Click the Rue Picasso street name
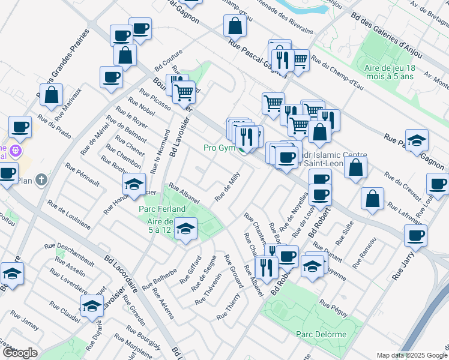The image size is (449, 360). click(155, 99)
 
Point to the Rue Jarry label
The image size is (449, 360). click(401, 266)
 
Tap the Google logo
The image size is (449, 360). click(20, 353)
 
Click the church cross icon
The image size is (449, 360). click(41, 179)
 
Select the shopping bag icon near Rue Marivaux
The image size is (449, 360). click(52, 95)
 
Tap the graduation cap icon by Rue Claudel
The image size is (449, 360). click(91, 307)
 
